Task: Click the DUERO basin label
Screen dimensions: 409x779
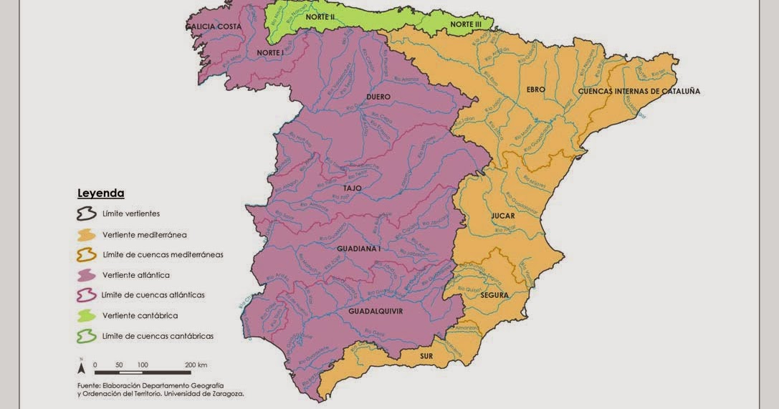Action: coord(378,96)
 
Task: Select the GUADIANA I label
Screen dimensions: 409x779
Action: coord(358,249)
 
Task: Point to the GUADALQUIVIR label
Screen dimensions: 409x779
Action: coord(376,312)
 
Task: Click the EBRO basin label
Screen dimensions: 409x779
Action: coord(535,90)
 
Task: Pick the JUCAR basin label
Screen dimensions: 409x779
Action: coord(503,216)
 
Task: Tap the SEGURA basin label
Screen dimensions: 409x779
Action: coord(494,295)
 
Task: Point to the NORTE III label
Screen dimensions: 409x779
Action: coord(466,24)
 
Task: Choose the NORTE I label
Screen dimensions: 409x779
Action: coord(270,53)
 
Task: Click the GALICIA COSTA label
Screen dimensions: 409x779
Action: coord(214,27)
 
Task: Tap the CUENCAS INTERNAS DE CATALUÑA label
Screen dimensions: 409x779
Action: coord(639,91)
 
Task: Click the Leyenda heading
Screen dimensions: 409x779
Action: coord(100,193)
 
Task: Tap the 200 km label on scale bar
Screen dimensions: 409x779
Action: coord(195,365)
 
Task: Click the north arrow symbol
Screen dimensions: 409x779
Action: coord(82,367)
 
